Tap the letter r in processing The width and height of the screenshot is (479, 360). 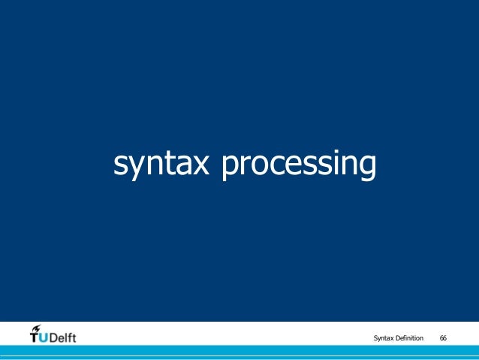coord(246,165)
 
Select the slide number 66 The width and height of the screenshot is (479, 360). coord(443,338)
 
